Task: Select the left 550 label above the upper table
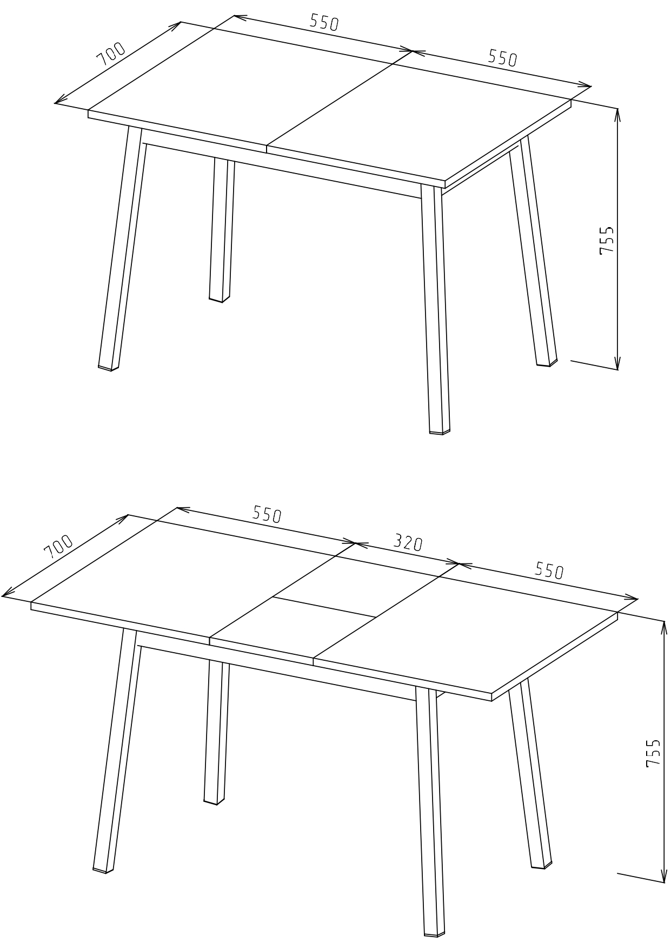click(x=324, y=22)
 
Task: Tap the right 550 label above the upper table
click(x=503, y=58)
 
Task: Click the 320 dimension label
click(x=407, y=542)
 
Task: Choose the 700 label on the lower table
click(x=58, y=547)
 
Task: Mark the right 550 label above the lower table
click(x=549, y=570)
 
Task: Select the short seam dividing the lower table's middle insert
click(x=324, y=607)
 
